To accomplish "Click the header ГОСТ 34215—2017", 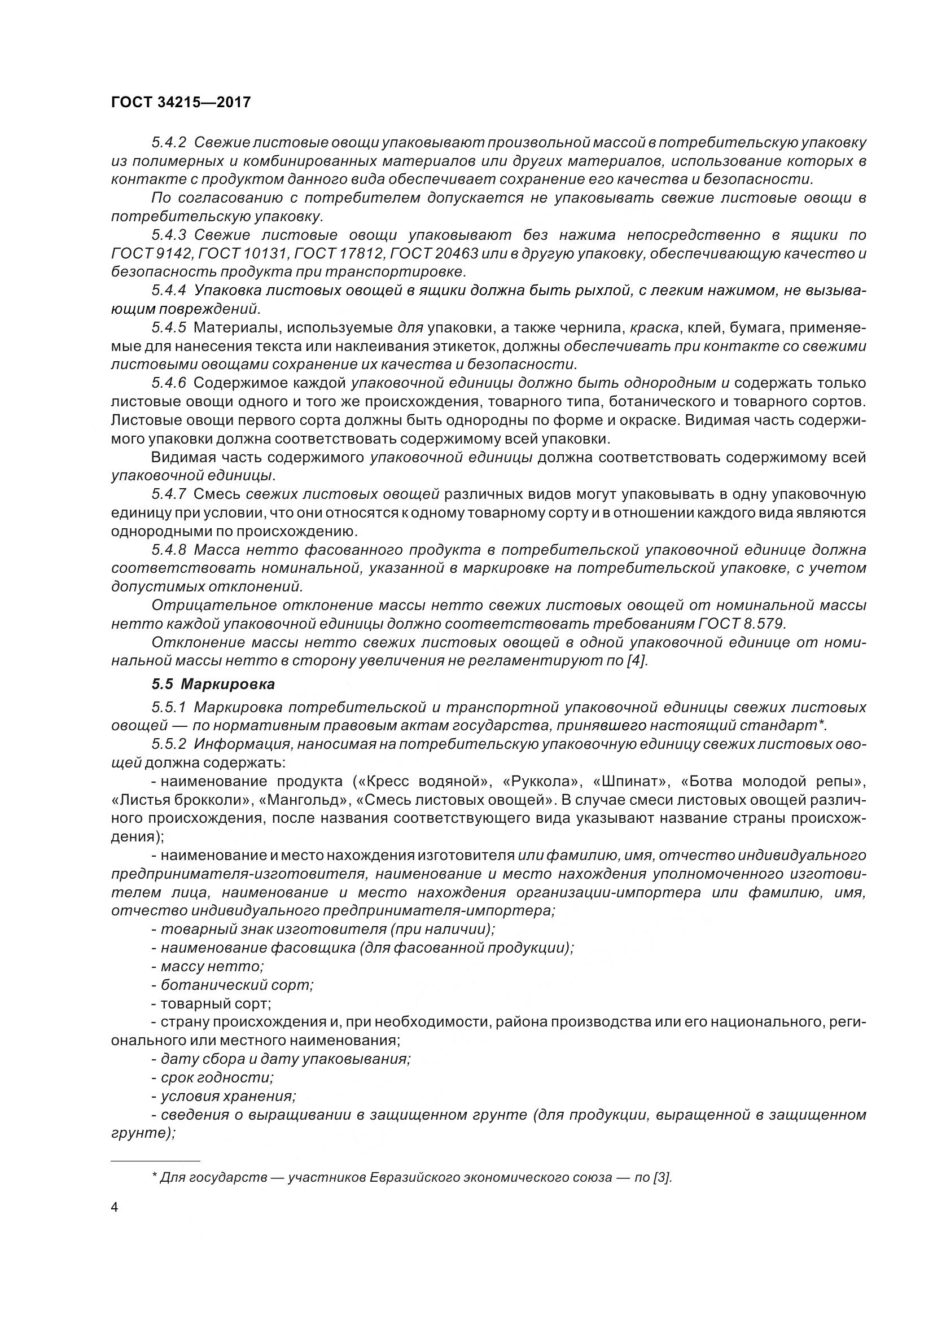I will [x=181, y=102].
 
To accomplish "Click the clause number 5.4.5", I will [x=169, y=328].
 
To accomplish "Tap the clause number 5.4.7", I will [x=169, y=494].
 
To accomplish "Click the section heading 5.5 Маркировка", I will [x=213, y=684].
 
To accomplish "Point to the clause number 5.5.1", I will [x=169, y=707].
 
